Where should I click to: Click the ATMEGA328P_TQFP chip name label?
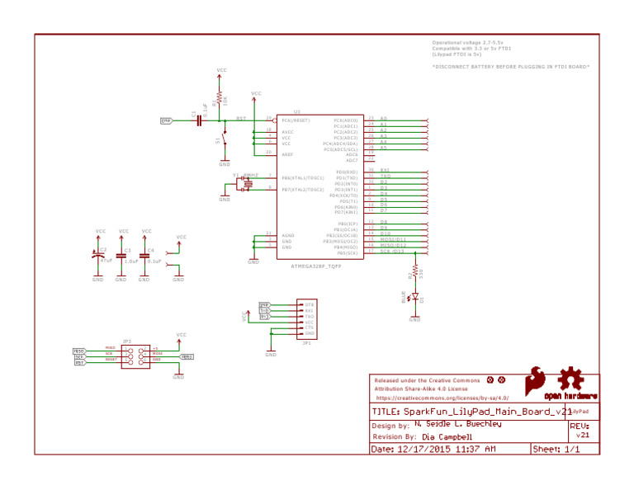[x=315, y=266]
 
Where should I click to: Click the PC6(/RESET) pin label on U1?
[x=296, y=120]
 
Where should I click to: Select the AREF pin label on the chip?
[x=287, y=154]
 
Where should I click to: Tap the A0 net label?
[x=383, y=119]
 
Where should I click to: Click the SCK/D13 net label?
[x=392, y=252]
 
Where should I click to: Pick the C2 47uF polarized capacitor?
[x=98, y=257]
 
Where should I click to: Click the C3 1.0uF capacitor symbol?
[x=121, y=258]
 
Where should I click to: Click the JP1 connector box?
[x=305, y=318]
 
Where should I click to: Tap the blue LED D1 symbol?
[x=414, y=297]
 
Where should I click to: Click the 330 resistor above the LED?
[x=414, y=270]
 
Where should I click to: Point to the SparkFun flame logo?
[x=537, y=383]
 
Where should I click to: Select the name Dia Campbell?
[x=447, y=437]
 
